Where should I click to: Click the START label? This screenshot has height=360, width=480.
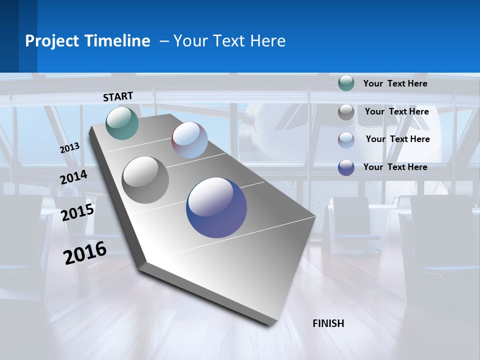click(x=118, y=96)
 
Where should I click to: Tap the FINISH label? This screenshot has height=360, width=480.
click(x=328, y=323)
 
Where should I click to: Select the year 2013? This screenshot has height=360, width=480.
click(x=70, y=148)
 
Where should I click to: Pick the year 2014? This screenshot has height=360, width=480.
click(x=73, y=177)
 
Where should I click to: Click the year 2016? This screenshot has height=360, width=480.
click(x=85, y=253)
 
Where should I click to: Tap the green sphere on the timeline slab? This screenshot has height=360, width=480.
click(x=122, y=123)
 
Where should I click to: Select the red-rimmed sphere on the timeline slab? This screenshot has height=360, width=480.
click(x=189, y=140)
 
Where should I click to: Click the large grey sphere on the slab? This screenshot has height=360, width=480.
click(x=145, y=179)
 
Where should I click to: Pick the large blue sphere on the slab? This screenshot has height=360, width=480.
click(x=216, y=207)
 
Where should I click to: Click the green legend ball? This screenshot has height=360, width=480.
click(x=346, y=83)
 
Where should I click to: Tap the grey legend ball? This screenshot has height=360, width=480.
click(x=346, y=112)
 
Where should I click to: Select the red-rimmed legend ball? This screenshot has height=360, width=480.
click(x=346, y=140)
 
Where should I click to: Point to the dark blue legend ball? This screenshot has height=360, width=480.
click(x=346, y=167)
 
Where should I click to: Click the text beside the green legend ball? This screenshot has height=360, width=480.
click(x=395, y=83)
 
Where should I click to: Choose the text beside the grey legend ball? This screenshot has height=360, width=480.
click(x=396, y=111)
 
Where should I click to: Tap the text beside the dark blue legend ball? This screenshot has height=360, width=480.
click(x=395, y=167)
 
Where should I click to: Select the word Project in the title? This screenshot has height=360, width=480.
click(x=50, y=41)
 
